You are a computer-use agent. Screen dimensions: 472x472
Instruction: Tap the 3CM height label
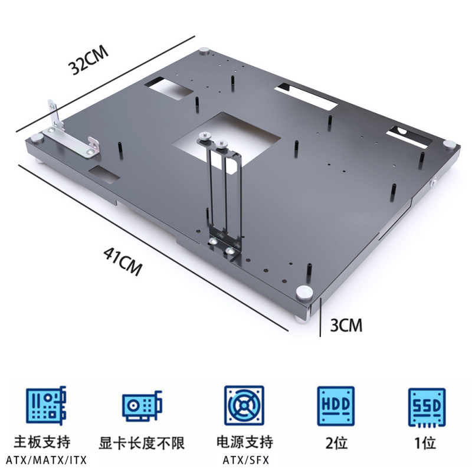point(346,324)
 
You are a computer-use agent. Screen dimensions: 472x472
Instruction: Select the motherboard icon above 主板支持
point(46,406)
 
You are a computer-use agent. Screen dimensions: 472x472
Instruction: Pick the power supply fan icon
point(242,406)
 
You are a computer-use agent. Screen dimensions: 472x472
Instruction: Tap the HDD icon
point(336,406)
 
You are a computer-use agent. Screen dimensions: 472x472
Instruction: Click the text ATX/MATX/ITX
point(45,459)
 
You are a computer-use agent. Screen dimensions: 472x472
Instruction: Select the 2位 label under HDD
point(336,441)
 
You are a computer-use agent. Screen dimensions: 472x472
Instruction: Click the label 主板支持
point(45,442)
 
